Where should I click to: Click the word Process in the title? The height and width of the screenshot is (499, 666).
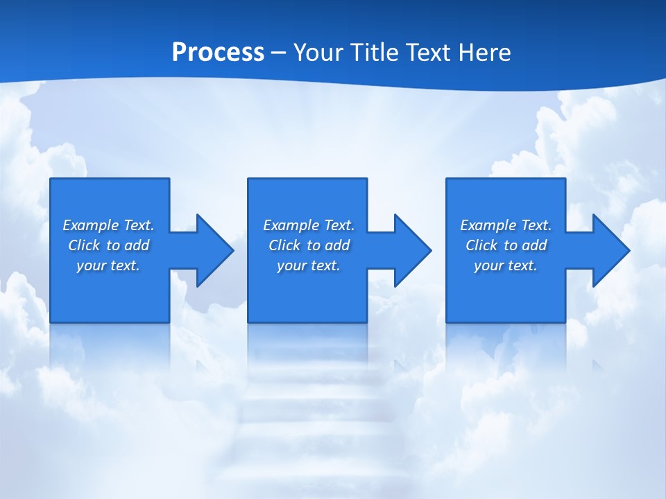[218, 53]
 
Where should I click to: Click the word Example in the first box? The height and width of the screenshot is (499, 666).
[91, 225]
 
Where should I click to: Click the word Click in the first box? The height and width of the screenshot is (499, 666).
[85, 245]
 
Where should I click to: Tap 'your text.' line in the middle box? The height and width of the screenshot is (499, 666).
[308, 265]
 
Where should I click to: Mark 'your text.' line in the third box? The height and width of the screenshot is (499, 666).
[505, 265]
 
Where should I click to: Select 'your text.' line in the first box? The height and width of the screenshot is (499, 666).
[108, 265]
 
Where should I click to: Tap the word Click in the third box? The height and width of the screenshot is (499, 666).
[482, 245]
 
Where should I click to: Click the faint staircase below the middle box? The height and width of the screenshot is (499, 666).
[305, 416]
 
